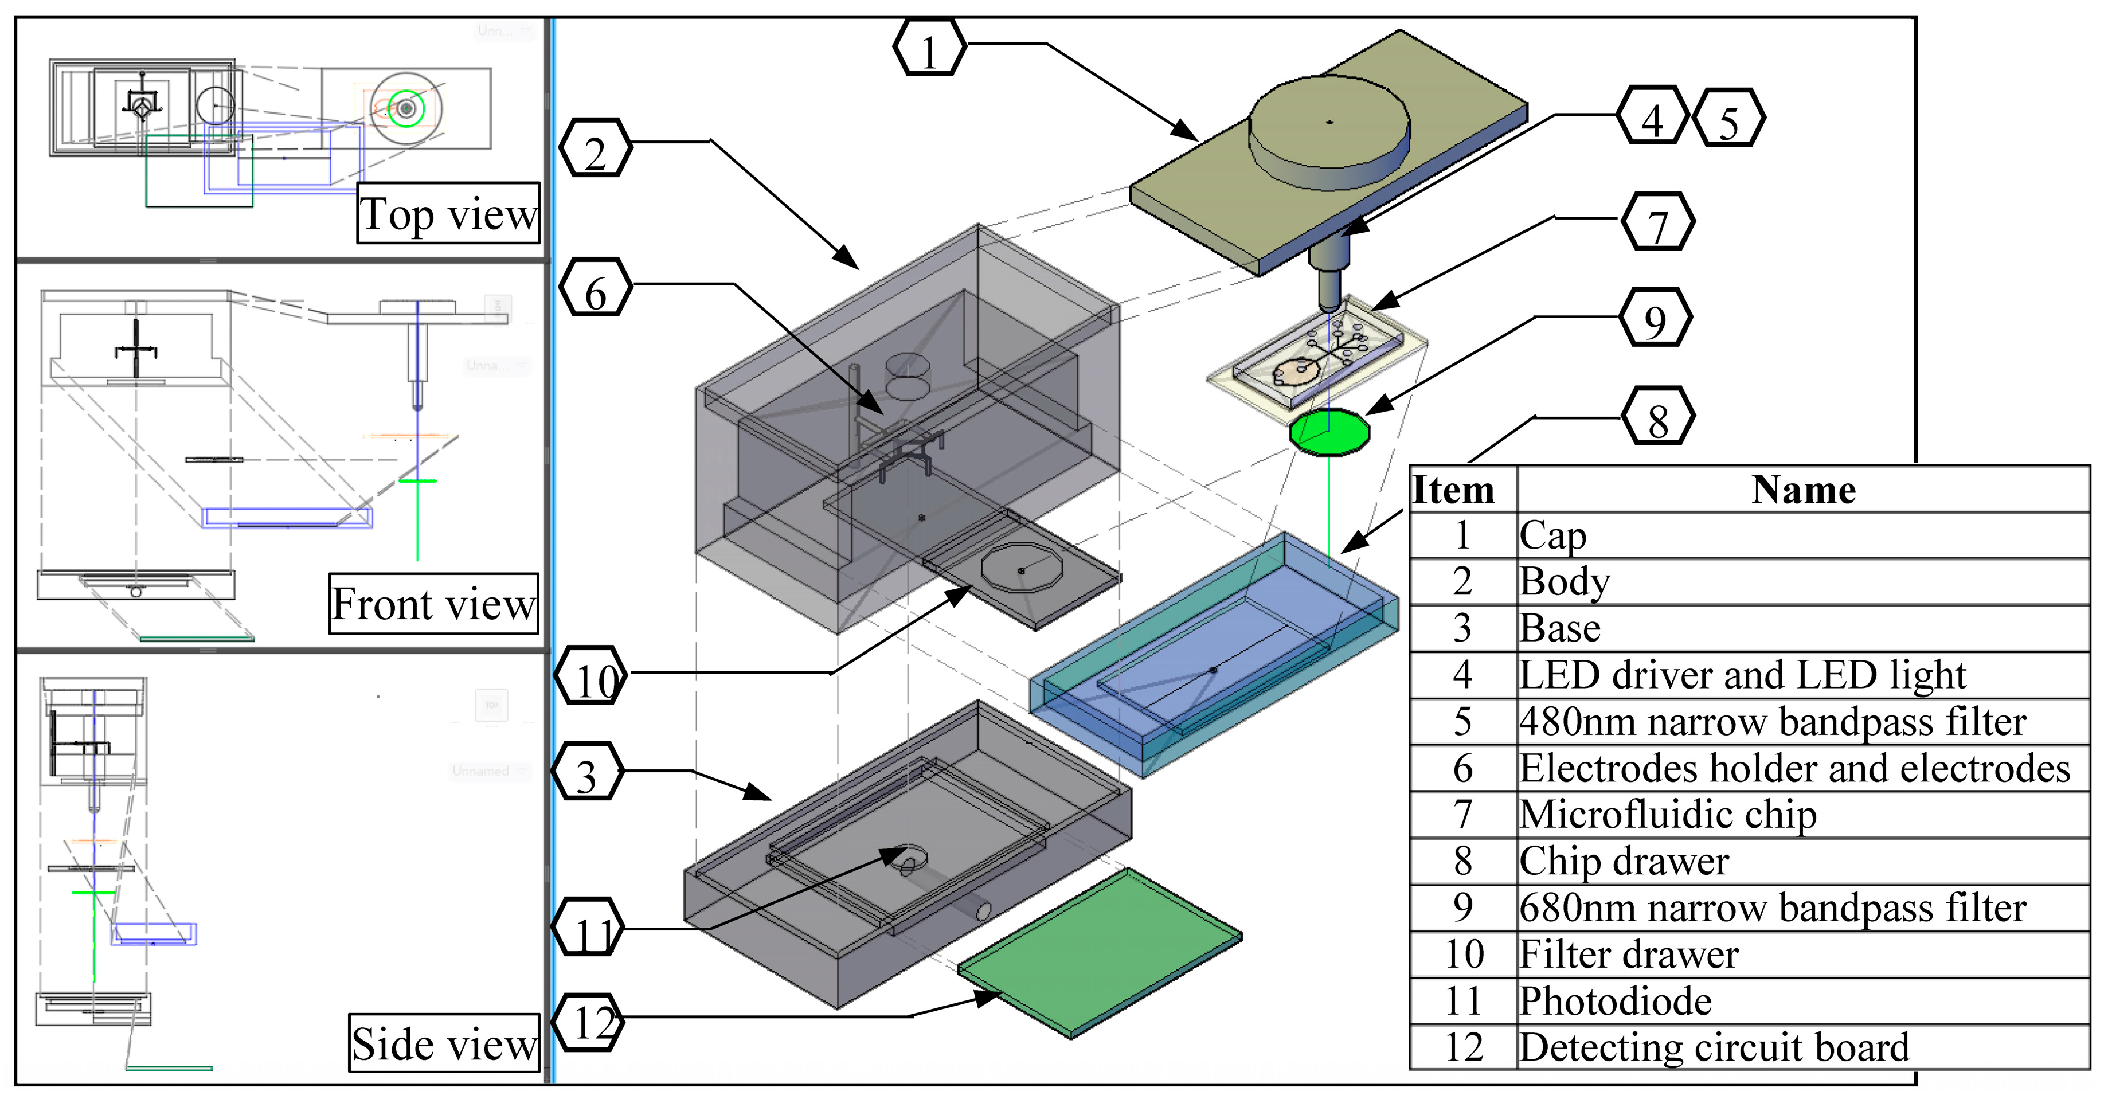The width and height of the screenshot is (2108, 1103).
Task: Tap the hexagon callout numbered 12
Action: (x=588, y=1022)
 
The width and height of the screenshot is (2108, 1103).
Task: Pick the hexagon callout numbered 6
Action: (x=596, y=288)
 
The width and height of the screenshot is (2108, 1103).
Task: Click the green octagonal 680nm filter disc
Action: (x=1329, y=433)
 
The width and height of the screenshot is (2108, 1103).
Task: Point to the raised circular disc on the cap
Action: (x=1328, y=123)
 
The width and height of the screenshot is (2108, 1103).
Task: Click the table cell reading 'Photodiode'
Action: (x=1800, y=1001)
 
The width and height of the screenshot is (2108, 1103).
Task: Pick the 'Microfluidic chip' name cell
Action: (x=1800, y=814)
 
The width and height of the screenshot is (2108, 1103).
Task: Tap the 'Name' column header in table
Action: (x=1803, y=490)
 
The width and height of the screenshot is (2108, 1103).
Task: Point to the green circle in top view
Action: (x=406, y=108)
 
